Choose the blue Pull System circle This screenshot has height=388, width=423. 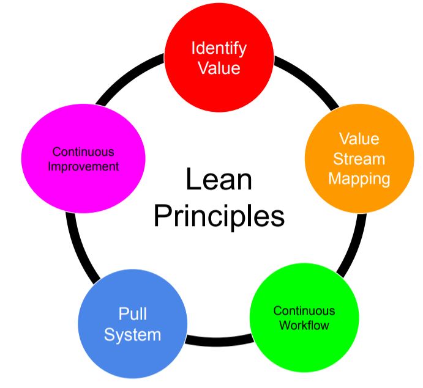tap(132, 324)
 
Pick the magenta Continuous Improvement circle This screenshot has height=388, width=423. tap(83, 159)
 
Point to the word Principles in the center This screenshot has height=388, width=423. tap(219, 216)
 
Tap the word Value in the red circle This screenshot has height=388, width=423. tap(218, 67)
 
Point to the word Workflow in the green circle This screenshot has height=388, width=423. tap(304, 325)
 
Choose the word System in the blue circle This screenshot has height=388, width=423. tap(132, 335)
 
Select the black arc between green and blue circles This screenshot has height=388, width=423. tap(217, 341)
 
